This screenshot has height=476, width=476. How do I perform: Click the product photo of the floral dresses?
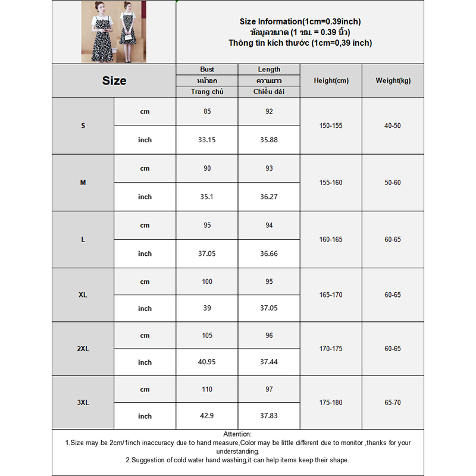coord(113,32)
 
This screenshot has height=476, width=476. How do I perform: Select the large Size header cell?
coord(114,81)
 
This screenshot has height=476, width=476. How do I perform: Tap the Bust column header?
coord(207,70)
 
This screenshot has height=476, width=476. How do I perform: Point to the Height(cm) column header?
coord(331,81)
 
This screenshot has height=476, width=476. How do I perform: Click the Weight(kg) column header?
coord(393,81)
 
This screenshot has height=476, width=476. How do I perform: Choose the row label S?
coord(83,126)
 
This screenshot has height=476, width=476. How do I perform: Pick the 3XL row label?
coord(83,402)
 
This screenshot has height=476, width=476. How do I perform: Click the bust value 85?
coord(207,111)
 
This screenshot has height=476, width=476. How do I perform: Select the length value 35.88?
coord(269,140)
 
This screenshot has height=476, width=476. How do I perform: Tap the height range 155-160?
coord(331,183)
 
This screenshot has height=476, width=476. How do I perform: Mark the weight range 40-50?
coord(393,126)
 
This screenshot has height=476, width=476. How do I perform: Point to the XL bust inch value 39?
coord(207,308)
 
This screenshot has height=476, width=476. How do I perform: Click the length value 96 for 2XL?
coord(269,336)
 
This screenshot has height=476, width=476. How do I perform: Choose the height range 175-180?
coord(331,403)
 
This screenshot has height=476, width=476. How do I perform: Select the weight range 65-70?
coord(393,403)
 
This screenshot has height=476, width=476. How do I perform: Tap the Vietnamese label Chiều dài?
coord(269,92)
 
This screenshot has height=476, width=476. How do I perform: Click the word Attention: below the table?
coord(237,435)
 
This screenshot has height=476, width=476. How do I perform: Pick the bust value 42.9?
coord(207,416)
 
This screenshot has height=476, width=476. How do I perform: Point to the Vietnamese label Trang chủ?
coord(207,92)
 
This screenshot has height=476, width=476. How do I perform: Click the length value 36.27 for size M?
coord(269,197)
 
